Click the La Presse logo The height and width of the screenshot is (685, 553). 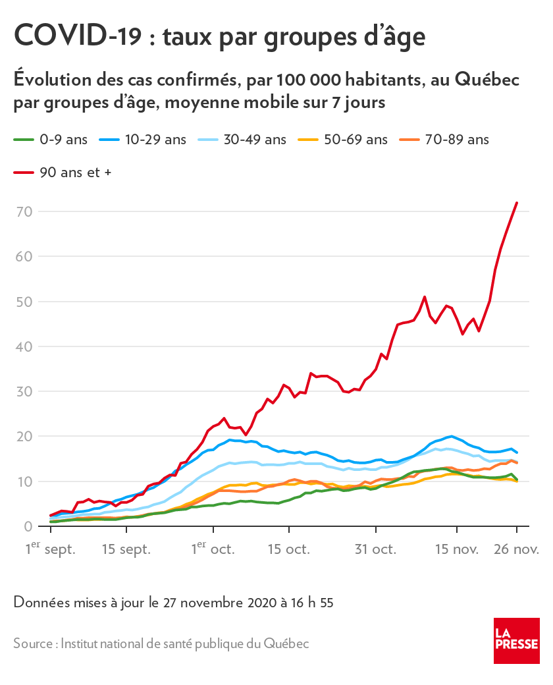point(517,640)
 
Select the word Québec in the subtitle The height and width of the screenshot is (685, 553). point(485,80)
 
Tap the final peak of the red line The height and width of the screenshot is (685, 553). point(517,203)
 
